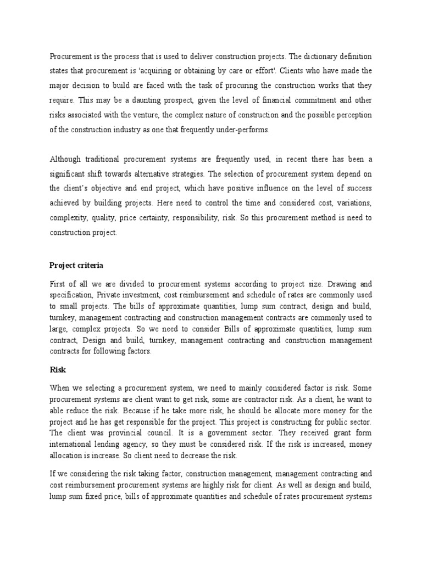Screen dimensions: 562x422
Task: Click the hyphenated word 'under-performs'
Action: (x=245, y=130)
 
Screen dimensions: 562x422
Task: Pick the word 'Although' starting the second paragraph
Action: (x=65, y=159)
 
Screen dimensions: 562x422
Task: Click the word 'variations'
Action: (x=351, y=204)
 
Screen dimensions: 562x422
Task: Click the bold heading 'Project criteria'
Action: (x=76, y=265)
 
